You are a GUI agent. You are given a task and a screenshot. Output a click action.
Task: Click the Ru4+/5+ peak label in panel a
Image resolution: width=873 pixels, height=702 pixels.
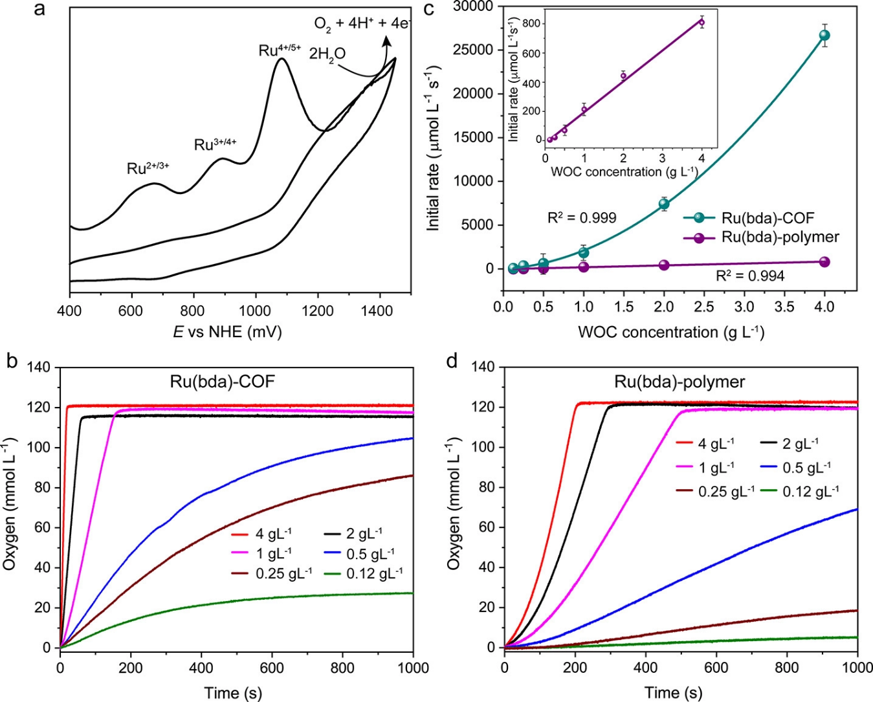click(280, 49)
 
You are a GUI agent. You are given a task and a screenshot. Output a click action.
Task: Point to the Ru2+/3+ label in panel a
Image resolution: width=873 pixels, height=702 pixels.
click(148, 169)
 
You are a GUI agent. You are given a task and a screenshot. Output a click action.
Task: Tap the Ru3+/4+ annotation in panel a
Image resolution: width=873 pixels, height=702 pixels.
click(215, 144)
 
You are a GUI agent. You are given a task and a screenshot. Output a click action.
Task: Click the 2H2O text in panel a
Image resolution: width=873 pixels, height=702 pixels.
click(327, 54)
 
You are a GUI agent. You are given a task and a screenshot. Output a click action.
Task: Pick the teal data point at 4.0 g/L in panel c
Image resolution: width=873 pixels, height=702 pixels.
click(824, 36)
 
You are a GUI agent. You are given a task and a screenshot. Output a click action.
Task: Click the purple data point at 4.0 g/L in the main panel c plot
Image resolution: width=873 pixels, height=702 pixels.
click(824, 261)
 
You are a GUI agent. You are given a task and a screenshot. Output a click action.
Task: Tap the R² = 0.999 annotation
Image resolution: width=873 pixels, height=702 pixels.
click(582, 218)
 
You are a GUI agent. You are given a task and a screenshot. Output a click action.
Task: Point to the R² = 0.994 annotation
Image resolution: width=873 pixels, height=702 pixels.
click(750, 276)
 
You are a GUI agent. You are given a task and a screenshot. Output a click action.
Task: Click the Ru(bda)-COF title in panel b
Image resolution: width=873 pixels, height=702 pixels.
click(222, 381)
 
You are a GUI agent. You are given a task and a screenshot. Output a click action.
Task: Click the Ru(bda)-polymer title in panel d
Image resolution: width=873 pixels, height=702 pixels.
click(680, 382)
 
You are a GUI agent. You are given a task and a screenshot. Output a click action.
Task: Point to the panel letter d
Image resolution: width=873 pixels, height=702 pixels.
click(454, 361)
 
